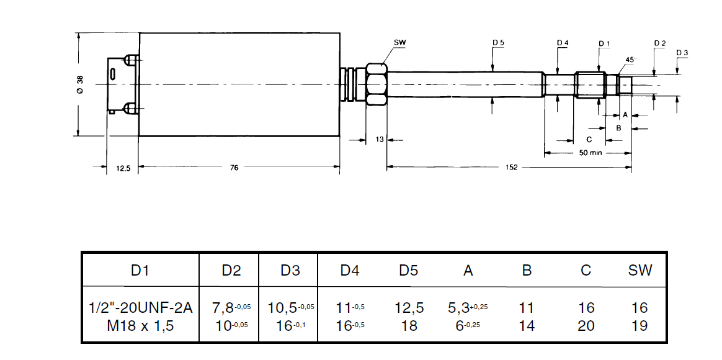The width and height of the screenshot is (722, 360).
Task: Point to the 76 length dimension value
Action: [x=234, y=168]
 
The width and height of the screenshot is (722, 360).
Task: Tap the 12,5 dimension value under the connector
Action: [x=123, y=169]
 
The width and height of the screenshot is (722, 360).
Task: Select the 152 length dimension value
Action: [x=512, y=168]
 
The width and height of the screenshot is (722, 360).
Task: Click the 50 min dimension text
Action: [x=591, y=153]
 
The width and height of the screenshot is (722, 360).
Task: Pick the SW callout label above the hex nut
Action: [x=399, y=43]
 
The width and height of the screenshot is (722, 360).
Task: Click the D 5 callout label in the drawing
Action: [x=499, y=43]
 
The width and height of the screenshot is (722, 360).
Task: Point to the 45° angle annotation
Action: [x=631, y=60]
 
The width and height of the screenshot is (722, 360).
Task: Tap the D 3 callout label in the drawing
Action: [x=682, y=53]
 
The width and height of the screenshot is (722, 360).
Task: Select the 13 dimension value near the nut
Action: [x=379, y=139]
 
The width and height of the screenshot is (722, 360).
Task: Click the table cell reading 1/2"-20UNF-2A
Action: [x=140, y=307]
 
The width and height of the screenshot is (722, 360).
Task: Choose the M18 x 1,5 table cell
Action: [x=140, y=326]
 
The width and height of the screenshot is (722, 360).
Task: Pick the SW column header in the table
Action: [x=640, y=270]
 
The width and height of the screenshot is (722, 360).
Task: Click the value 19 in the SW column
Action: [x=640, y=326]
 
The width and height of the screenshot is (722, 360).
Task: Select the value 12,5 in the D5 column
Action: [x=409, y=307]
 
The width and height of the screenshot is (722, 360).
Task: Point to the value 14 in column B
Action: [x=527, y=326]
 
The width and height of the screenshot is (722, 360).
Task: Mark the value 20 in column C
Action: [x=586, y=326]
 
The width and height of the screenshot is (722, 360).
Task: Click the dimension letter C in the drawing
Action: [x=589, y=139]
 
